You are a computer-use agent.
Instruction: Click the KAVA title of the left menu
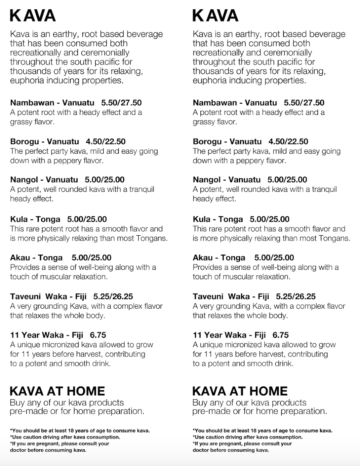click(33, 16)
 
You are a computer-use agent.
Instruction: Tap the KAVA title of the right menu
click(215, 16)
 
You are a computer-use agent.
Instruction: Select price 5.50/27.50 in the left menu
click(121, 103)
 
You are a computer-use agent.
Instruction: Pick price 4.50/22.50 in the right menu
click(289, 141)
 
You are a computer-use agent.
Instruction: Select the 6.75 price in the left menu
click(98, 335)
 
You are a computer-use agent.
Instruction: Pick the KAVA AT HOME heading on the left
click(57, 391)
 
